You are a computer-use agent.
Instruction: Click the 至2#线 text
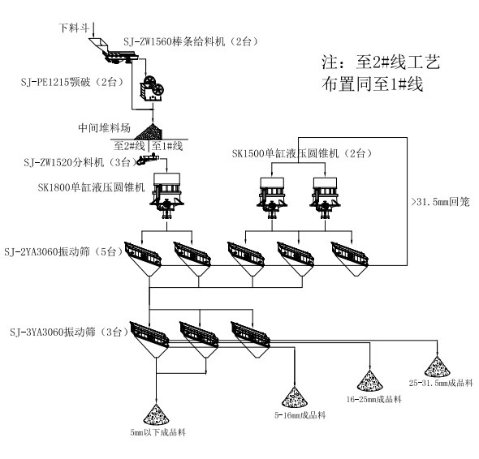(129, 145)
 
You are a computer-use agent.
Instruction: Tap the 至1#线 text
(168, 145)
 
